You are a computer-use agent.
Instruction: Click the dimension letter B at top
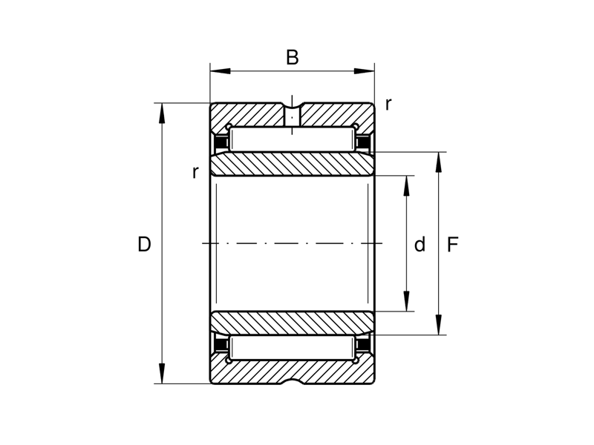(x=293, y=57)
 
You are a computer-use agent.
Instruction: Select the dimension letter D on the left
(x=144, y=244)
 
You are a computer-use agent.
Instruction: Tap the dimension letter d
(x=420, y=244)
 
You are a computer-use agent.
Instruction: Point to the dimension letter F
(x=453, y=244)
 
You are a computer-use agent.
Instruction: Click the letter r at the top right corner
(x=388, y=104)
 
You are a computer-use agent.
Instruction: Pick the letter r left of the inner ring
(x=195, y=172)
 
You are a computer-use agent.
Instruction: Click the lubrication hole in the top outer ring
(x=293, y=116)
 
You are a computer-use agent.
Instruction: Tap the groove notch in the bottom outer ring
(x=293, y=382)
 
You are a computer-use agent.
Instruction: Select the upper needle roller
(x=292, y=139)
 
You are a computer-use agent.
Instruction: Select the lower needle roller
(x=292, y=348)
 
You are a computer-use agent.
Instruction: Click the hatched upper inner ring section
(x=292, y=164)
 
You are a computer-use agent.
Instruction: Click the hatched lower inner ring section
(x=292, y=323)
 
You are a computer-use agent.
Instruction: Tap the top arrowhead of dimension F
(x=440, y=159)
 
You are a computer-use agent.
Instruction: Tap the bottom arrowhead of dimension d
(x=406, y=305)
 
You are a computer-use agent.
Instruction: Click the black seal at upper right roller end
(x=363, y=141)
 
